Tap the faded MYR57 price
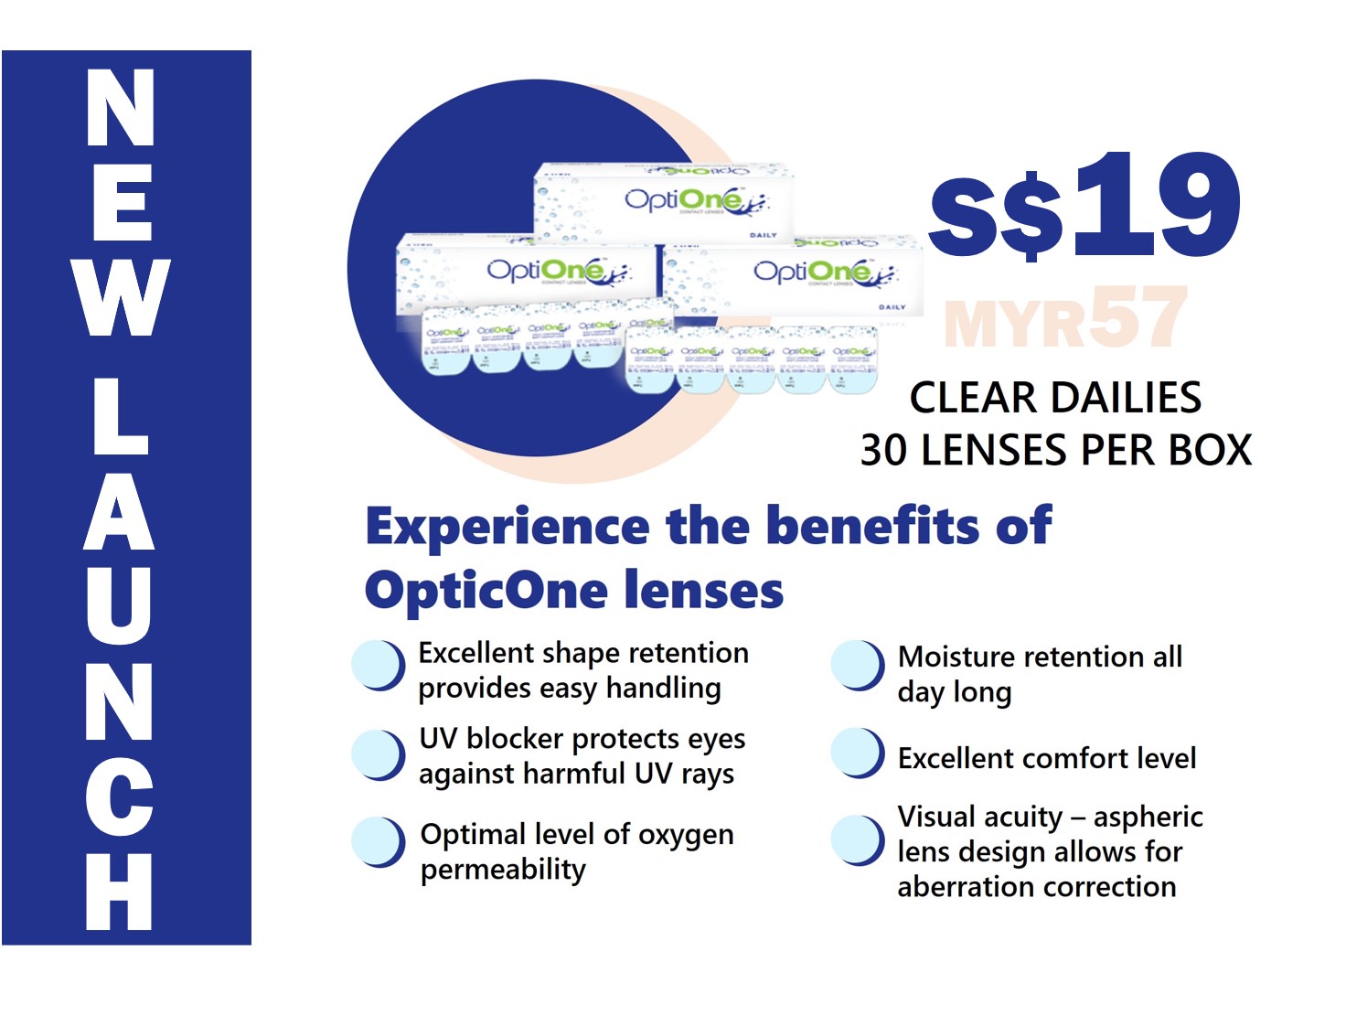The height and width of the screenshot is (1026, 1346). click(1065, 318)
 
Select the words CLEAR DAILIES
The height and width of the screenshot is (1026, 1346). click(1055, 398)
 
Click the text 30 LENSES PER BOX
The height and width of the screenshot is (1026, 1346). click(1055, 450)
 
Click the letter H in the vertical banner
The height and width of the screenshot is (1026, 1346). click(120, 891)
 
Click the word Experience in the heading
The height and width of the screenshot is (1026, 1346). click(507, 527)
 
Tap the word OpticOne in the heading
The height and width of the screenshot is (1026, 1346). click(479, 591)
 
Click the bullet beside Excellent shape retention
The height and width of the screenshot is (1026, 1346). click(379, 665)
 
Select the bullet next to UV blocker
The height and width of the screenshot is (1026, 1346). click(379, 755)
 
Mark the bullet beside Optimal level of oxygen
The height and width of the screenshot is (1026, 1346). click(379, 841)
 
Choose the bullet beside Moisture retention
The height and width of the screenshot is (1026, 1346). click(858, 665)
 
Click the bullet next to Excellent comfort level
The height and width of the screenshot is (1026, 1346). click(858, 753)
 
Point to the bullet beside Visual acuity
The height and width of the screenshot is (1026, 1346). click(858, 839)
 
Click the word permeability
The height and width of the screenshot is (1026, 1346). click(503, 869)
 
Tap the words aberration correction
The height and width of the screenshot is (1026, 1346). click(1036, 886)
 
